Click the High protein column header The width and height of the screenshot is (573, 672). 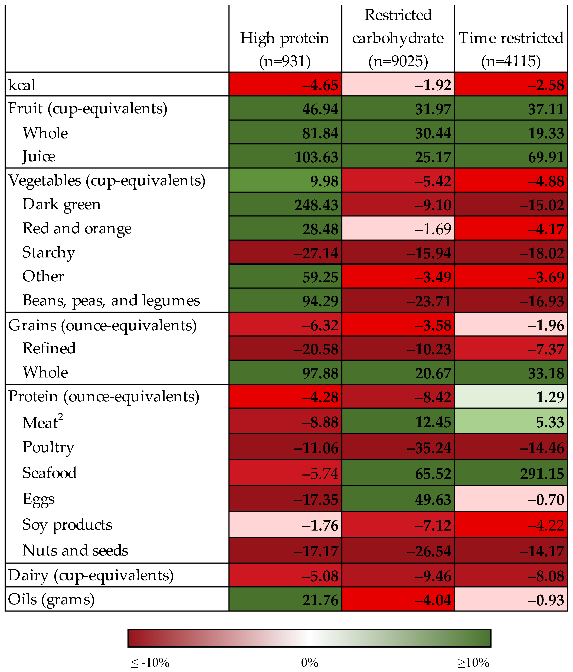point(284,49)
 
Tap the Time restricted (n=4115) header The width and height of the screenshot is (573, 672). point(511,49)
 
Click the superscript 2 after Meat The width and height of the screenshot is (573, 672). point(61,418)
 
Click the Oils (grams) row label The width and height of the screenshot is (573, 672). point(51,599)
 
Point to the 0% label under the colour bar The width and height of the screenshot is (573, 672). point(310,663)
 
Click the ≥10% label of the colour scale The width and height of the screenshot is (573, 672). point(473,663)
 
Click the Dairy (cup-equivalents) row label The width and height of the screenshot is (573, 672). point(91,575)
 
